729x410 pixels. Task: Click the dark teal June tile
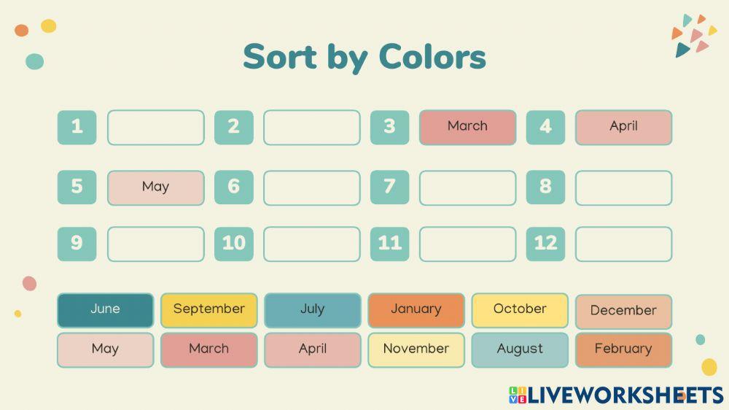tap(105, 310)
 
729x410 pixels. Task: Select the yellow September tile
tap(208, 310)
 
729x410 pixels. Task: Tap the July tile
tap(312, 310)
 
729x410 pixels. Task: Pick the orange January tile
tap(416, 310)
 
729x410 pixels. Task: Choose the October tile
tap(520, 310)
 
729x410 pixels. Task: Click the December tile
tap(623, 312)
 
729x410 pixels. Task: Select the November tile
tap(416, 349)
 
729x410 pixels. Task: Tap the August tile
tap(520, 349)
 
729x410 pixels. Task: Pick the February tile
tap(623, 349)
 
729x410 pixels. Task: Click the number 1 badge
tap(77, 127)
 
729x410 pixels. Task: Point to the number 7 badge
tap(389, 187)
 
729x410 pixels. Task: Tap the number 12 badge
tap(545, 244)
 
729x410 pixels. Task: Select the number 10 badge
tap(233, 244)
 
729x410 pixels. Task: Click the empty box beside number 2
tap(311, 128)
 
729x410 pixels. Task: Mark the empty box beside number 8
tap(623, 187)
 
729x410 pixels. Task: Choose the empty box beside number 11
tap(467, 244)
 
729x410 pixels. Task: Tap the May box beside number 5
tap(155, 187)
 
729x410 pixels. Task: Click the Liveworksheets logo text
tap(624, 395)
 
